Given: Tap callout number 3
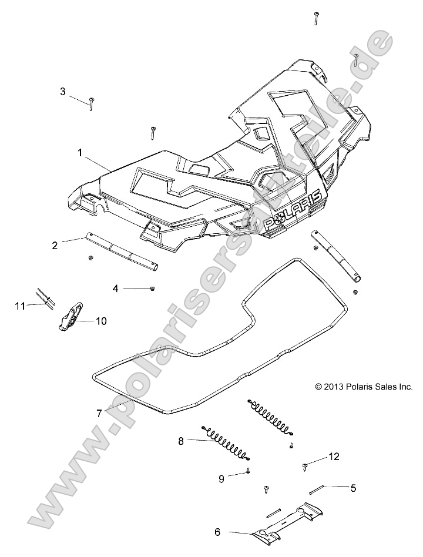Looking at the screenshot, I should tap(63, 91).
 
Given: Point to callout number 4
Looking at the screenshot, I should tap(116, 288).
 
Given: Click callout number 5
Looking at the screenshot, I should tap(353, 487).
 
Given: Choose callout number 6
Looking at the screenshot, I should tap(217, 532).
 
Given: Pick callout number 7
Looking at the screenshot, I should tap(100, 413).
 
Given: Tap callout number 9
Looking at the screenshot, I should tap(221, 478).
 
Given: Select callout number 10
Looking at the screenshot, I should tap(101, 321).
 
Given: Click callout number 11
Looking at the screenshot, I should tap(21, 305).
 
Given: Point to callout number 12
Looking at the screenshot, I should tap(334, 456).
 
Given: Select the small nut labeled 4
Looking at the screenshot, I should tap(152, 288).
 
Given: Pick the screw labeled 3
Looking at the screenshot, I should tap(92, 103).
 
